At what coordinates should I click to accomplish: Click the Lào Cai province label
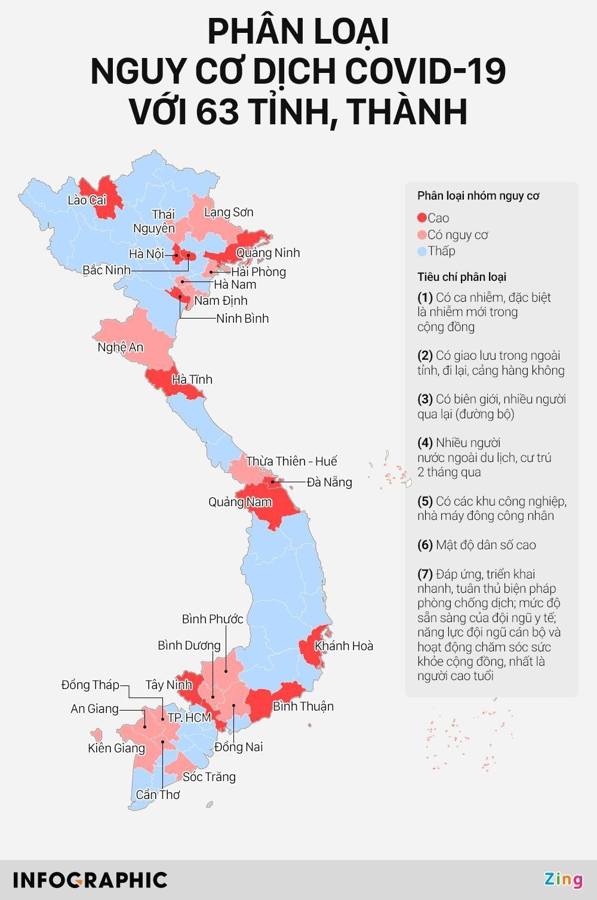[x=87, y=200]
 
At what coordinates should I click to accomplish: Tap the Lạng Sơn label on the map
[x=228, y=212]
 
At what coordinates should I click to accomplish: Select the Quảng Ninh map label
[x=267, y=253]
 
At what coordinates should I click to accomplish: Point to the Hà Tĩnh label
[x=192, y=379]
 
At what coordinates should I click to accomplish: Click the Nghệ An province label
[x=120, y=347]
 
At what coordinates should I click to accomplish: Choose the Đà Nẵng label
[x=329, y=482]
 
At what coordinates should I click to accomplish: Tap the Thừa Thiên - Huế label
[x=291, y=461]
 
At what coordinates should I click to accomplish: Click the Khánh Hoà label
[x=344, y=646]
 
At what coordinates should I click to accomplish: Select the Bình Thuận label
[x=303, y=706]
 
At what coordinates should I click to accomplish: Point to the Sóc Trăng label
[x=209, y=777]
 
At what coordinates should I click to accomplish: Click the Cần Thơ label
[x=158, y=795]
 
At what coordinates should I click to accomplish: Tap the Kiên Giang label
[x=116, y=748]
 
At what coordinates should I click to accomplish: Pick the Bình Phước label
[x=213, y=619]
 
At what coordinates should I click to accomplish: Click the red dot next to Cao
[x=422, y=218]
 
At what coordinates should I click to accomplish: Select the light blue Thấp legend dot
[x=422, y=252]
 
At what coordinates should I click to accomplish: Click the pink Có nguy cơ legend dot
[x=422, y=235]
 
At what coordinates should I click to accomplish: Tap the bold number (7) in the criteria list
[x=425, y=574]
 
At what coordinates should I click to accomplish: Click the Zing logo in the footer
[x=563, y=880]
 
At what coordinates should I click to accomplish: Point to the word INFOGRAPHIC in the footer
[x=90, y=880]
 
